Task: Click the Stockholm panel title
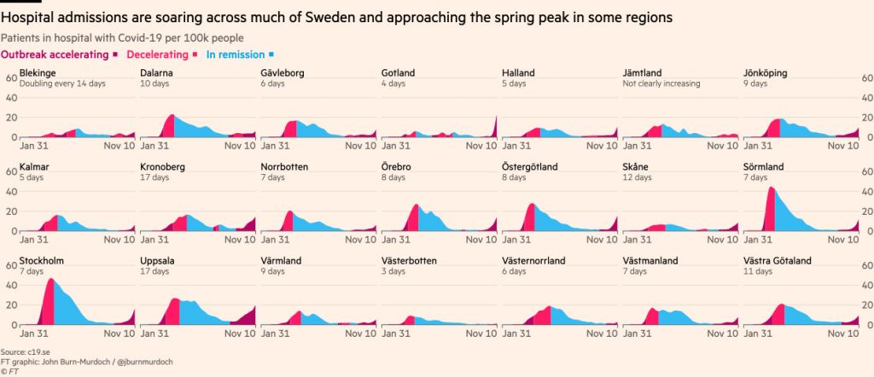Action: (x=42, y=261)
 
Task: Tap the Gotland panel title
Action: (x=398, y=73)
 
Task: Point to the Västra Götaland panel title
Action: (x=778, y=261)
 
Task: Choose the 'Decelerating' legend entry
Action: (x=158, y=55)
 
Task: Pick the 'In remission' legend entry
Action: (x=235, y=55)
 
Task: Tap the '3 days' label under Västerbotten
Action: (x=393, y=271)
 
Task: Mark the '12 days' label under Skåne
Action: (x=637, y=177)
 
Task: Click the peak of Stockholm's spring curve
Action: (x=50, y=280)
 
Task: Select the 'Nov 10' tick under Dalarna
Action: (x=240, y=146)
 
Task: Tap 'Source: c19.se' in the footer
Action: (x=24, y=351)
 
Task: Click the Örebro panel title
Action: (x=397, y=167)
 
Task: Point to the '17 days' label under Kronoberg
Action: (x=152, y=177)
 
